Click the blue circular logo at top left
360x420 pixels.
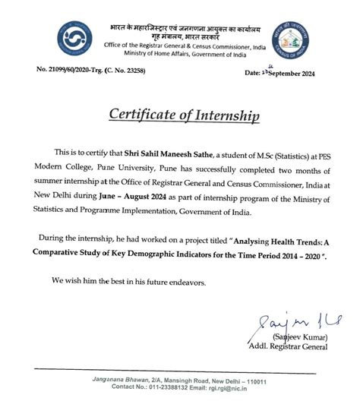tap(73, 39)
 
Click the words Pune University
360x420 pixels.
tap(117, 169)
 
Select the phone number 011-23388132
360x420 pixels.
tap(170, 387)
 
